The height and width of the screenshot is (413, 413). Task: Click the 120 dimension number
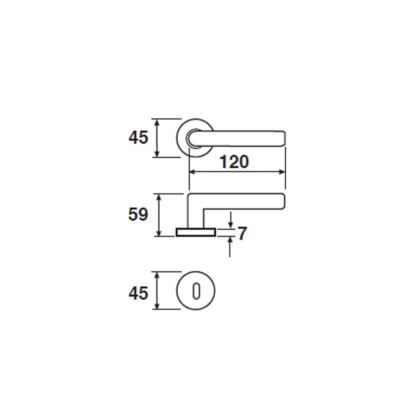click(234, 162)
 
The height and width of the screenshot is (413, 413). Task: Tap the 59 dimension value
click(138, 214)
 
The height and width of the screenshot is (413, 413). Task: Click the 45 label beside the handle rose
click(138, 137)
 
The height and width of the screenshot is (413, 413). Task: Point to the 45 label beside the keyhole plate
click(138, 293)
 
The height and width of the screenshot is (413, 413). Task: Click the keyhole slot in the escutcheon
click(196, 291)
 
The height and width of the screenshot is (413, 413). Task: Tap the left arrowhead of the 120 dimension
click(192, 172)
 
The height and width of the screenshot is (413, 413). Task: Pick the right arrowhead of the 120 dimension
click(282, 172)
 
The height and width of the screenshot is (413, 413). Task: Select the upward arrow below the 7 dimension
click(230, 247)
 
